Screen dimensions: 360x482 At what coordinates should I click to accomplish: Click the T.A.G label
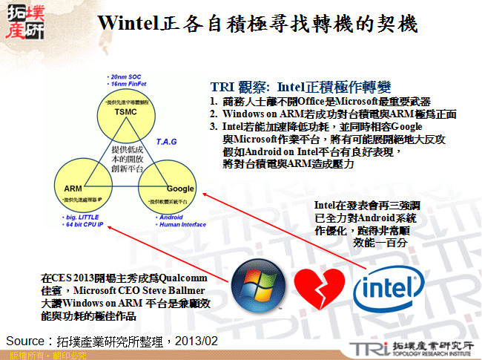(168, 140)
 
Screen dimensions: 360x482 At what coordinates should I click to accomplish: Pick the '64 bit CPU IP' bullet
(85, 225)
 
